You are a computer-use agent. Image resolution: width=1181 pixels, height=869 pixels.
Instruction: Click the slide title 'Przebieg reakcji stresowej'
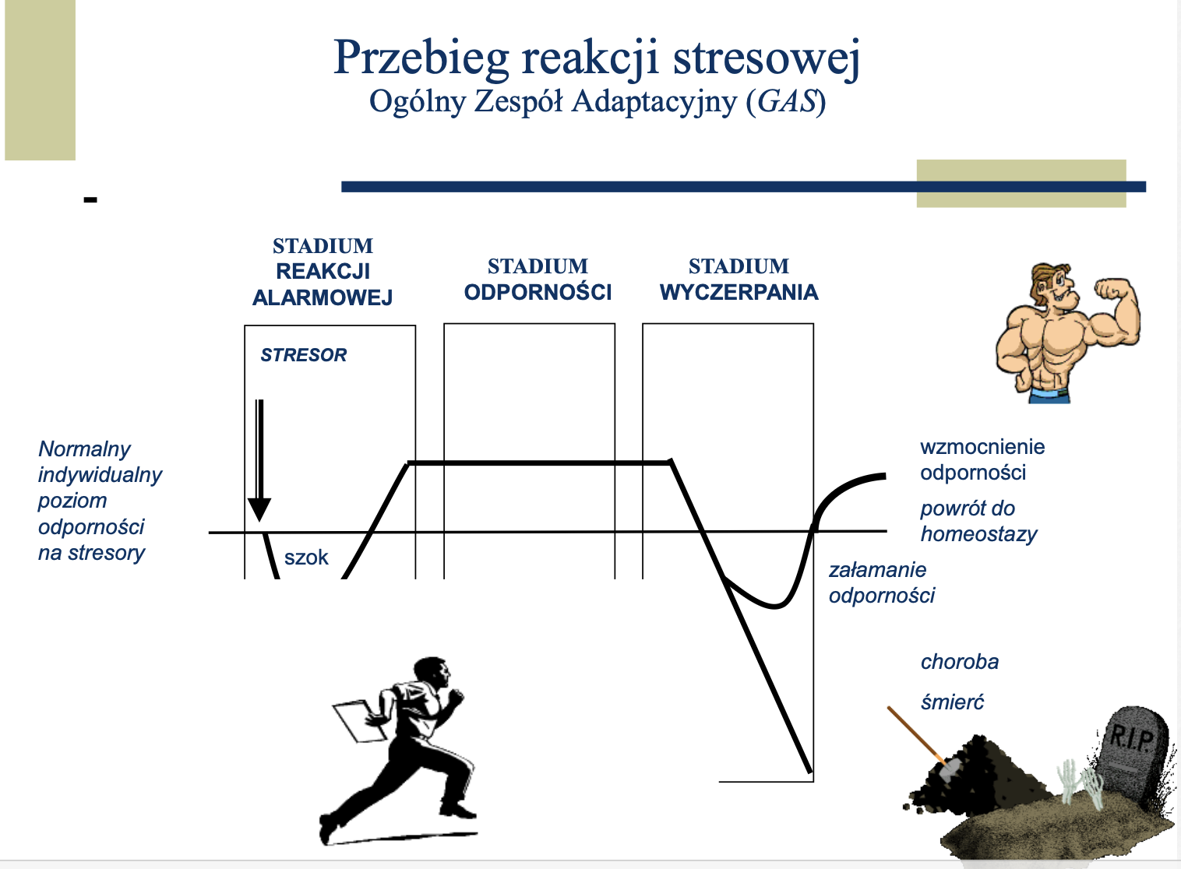tap(596, 58)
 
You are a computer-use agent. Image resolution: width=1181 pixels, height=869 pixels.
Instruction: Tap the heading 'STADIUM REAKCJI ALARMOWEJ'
tap(323, 272)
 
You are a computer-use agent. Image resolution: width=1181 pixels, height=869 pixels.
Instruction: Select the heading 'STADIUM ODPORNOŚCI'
tap(538, 280)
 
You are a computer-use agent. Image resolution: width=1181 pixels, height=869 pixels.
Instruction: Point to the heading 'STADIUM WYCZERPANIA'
tap(739, 280)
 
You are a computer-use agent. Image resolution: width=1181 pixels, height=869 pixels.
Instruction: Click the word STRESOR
tap(304, 355)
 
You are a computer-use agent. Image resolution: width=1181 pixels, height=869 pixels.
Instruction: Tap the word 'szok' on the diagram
tap(306, 558)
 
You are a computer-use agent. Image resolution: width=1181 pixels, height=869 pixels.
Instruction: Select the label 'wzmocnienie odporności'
tap(982, 459)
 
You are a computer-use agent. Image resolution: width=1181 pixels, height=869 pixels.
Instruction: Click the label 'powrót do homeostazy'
tap(978, 521)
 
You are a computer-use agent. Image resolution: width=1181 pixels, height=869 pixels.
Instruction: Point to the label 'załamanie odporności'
tap(881, 582)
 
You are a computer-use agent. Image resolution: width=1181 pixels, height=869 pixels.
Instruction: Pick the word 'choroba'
tap(959, 662)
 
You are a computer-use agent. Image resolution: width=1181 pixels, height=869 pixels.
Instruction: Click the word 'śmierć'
tap(952, 702)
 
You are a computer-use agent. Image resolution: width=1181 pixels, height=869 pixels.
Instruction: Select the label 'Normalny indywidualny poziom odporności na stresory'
tap(99, 501)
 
